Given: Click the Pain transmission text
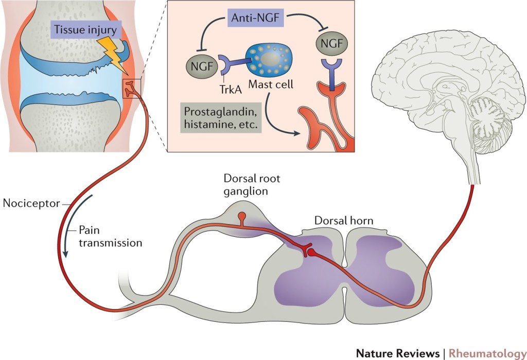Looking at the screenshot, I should click(x=110, y=236).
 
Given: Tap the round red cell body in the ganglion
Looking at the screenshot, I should click(x=241, y=215).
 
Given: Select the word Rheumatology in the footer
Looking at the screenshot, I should click(x=484, y=353).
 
